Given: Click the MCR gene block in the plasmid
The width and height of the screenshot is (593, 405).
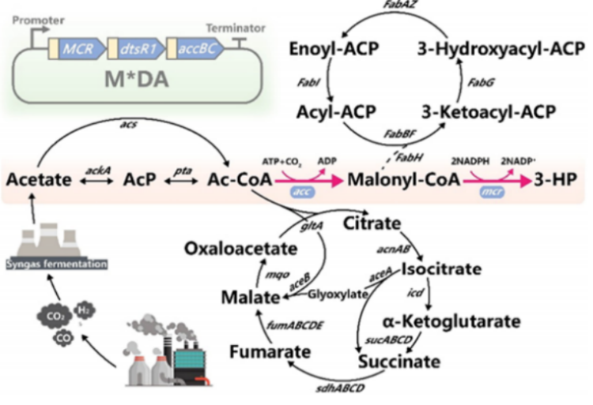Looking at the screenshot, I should [77, 49].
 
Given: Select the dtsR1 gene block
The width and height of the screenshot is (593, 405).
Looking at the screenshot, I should [137, 49].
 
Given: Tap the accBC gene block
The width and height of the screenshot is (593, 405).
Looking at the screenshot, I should [192, 49].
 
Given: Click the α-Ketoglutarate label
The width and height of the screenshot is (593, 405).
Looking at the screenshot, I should [462, 321].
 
